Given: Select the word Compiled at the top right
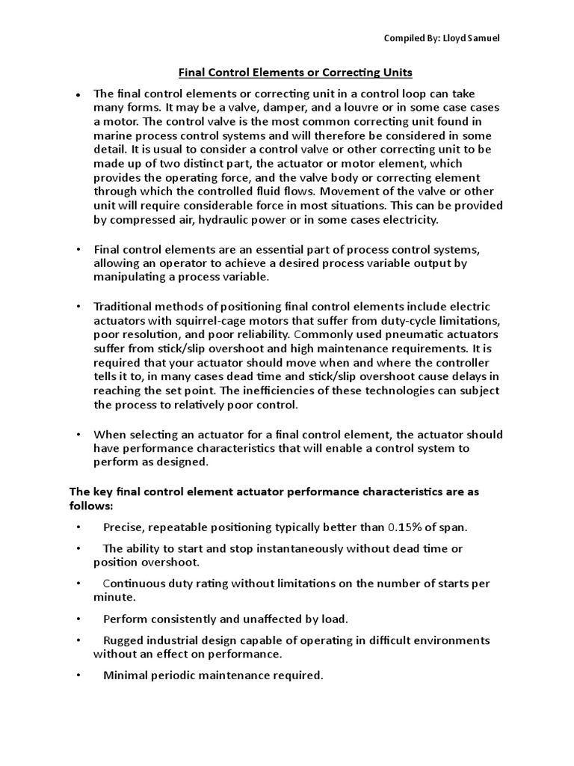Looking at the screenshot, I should click(407, 38).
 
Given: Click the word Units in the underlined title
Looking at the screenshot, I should click(395, 73).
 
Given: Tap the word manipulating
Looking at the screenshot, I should click(130, 276).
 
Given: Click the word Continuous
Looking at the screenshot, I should click(134, 583).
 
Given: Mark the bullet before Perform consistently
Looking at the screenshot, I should click(78, 619).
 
